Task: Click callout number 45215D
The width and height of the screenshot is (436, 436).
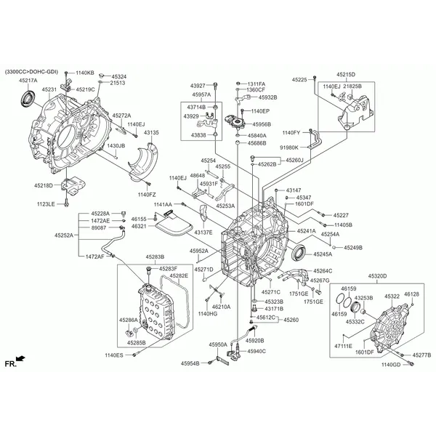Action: (x=346, y=74)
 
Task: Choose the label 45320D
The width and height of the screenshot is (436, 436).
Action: (x=376, y=277)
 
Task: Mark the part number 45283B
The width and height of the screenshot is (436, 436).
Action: (x=155, y=257)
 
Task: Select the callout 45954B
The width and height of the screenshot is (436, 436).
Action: (x=190, y=363)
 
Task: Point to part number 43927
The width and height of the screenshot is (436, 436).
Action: (x=198, y=84)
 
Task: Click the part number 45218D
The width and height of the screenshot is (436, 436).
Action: (x=42, y=185)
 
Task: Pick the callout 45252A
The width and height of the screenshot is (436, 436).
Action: (x=63, y=235)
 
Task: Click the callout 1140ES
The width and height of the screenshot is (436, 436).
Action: (x=114, y=355)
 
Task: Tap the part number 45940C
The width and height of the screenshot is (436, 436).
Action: (x=257, y=351)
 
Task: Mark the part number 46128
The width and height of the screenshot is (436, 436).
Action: (x=411, y=294)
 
